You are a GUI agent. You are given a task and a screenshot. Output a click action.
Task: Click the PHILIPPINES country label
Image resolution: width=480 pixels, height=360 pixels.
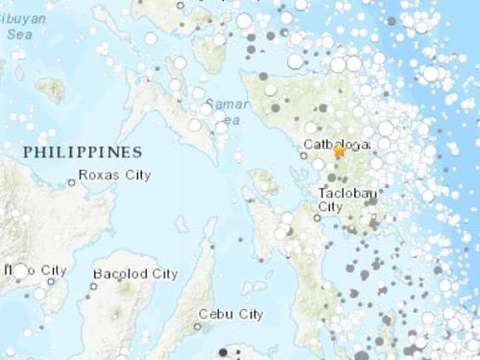(x=83, y=153)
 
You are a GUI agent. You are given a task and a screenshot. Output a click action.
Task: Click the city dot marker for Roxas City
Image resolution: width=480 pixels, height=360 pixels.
(x=71, y=182)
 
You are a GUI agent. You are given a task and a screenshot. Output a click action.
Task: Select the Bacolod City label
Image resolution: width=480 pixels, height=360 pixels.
(x=135, y=275)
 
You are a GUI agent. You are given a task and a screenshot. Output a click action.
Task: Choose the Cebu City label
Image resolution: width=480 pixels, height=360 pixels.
(x=230, y=314)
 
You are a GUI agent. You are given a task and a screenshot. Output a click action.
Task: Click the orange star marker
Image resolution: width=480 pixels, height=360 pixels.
(x=339, y=151)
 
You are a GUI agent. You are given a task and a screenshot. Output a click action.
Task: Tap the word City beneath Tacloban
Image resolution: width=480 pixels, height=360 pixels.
(x=331, y=206)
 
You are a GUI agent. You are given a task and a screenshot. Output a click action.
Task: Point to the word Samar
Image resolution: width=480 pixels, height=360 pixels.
(x=222, y=103)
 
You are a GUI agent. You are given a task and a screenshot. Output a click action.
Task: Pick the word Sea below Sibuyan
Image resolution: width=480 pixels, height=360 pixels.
(x=16, y=33)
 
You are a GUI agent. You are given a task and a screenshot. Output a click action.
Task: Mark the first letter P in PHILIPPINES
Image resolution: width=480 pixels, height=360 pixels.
(x=28, y=153)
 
